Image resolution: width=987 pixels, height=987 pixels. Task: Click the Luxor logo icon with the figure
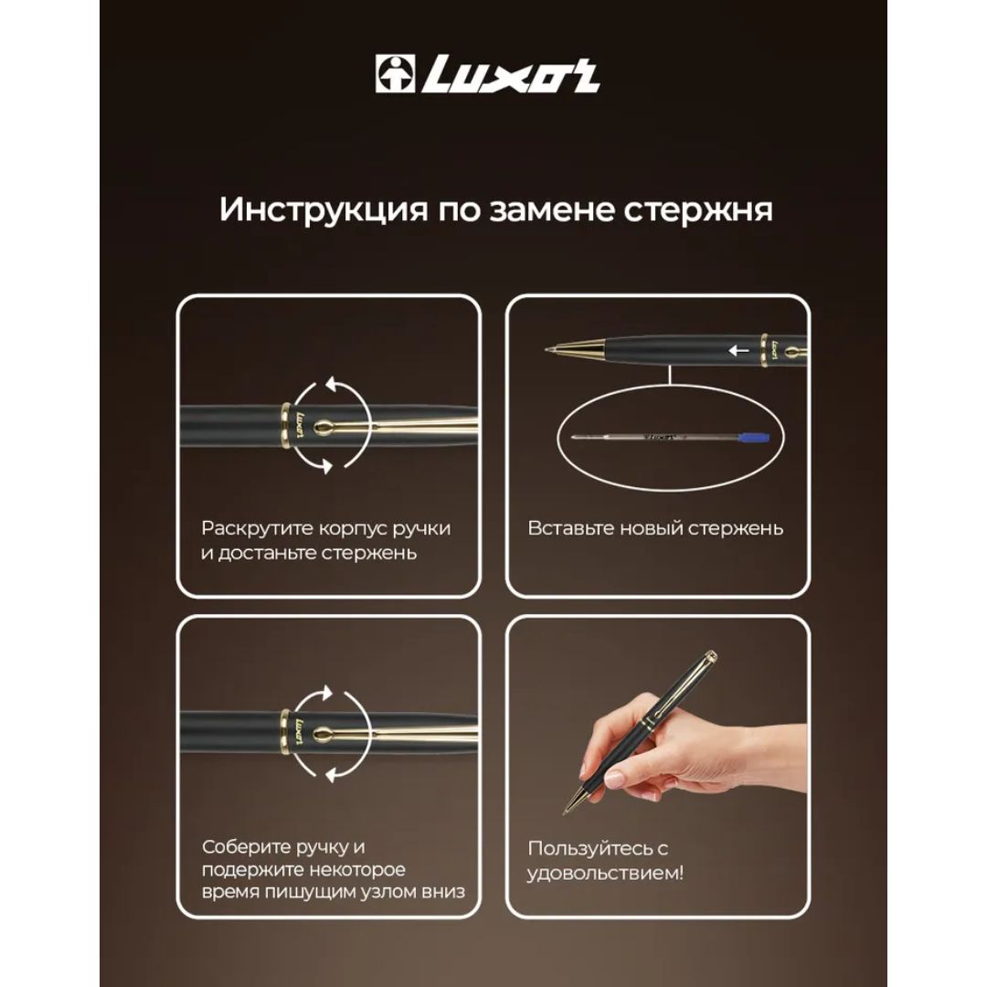tap(396, 74)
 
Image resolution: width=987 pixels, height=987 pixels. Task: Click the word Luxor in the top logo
tap(510, 74)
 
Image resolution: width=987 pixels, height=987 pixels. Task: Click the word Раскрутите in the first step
tap(256, 529)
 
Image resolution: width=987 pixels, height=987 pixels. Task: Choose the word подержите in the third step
tap(251, 870)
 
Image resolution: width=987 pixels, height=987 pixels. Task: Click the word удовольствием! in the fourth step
tap(605, 874)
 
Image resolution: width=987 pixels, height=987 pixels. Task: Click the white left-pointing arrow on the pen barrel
tap(738, 350)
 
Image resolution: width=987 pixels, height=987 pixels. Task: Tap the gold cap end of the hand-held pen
tap(712, 654)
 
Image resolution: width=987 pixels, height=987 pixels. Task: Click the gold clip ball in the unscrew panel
tap(322, 428)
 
